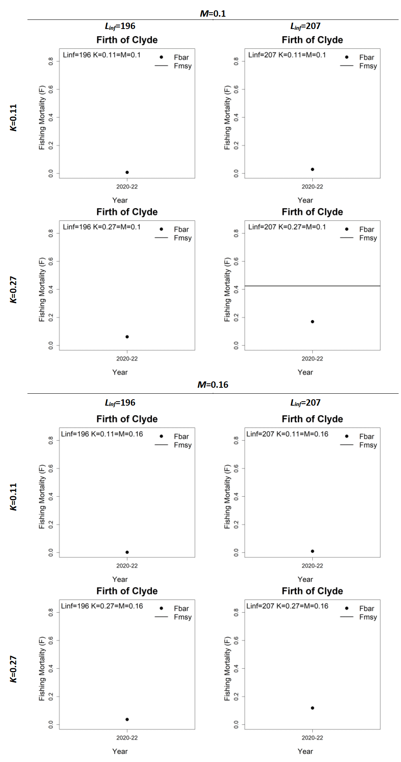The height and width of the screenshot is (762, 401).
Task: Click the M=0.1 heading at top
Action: click(212, 14)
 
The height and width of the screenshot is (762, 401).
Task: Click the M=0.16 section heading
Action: click(212, 385)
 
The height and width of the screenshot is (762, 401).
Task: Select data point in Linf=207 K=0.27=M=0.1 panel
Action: click(312, 321)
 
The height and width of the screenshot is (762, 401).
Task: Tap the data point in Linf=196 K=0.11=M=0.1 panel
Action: click(127, 172)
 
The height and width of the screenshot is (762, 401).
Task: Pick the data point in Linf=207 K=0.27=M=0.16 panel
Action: click(312, 708)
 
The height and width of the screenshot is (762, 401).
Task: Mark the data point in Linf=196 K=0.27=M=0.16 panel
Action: click(127, 719)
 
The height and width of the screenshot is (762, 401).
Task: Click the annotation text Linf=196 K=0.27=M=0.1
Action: click(101, 227)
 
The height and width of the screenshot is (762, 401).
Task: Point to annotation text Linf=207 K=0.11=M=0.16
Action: click(287, 434)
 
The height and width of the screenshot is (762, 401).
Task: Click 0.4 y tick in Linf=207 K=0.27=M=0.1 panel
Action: click(236, 289)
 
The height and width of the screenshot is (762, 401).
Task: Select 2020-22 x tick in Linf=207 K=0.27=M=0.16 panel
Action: click(312, 737)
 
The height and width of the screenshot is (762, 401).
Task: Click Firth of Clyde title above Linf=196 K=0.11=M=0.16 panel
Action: click(127, 419)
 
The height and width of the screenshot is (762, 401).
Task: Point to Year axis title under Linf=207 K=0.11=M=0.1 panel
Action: click(305, 200)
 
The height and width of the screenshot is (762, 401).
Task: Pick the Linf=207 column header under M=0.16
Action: click(305, 402)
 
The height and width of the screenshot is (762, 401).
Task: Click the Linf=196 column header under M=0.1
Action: click(120, 26)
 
